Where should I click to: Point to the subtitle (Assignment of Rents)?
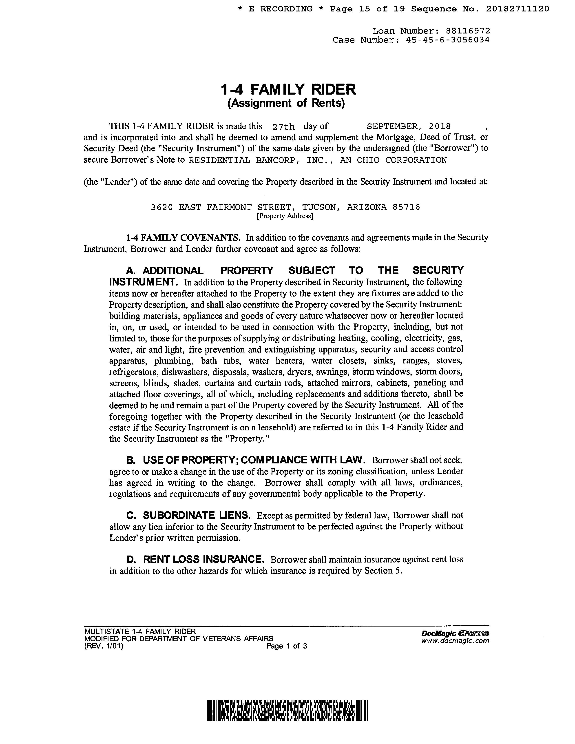click(x=286, y=103)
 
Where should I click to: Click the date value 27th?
click(x=283, y=127)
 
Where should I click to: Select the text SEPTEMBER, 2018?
click(x=408, y=126)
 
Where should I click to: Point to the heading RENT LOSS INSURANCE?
click(x=203, y=559)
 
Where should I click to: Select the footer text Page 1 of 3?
click(x=287, y=646)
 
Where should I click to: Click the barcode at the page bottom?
click(x=287, y=710)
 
